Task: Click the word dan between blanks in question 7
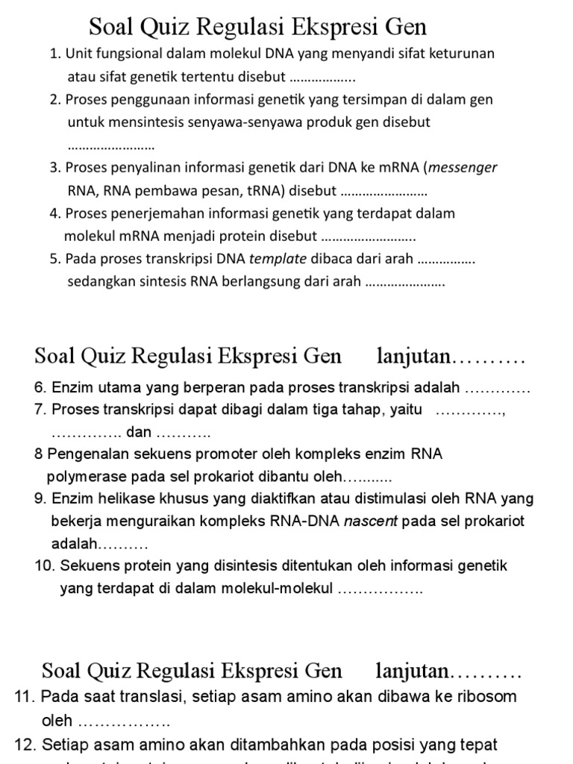(139, 432)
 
